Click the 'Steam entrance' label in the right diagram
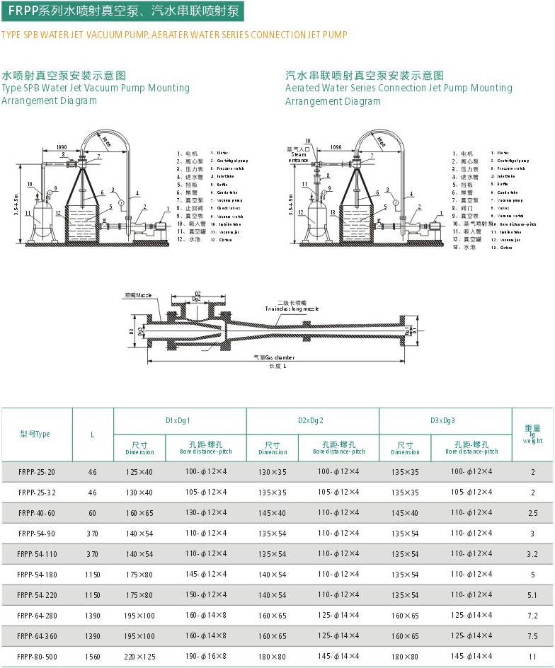click(x=298, y=155)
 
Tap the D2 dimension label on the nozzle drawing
click(x=198, y=293)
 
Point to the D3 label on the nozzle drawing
click(x=132, y=330)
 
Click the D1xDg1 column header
click(x=180, y=420)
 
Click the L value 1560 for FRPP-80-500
click(x=93, y=656)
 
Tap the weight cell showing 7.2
click(x=533, y=615)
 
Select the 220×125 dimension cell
click(x=140, y=656)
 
